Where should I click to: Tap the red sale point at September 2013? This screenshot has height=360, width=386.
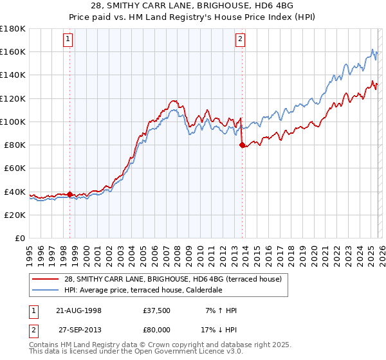(242, 145)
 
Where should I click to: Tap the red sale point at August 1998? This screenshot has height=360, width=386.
(70, 194)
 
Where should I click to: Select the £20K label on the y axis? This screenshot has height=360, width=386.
(15, 215)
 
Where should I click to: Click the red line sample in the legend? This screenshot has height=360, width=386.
(46, 278)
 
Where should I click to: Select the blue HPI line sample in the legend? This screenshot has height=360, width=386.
(46, 289)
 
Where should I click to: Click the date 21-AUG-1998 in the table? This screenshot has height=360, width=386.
(78, 310)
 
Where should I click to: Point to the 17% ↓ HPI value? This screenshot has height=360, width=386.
(220, 328)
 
